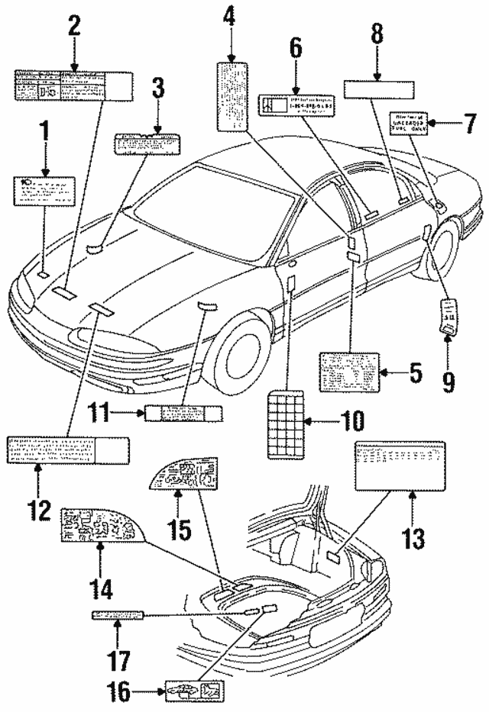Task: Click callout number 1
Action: click(x=44, y=136)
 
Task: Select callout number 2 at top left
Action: click(x=74, y=25)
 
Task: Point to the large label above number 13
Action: click(x=399, y=464)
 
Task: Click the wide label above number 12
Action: click(x=67, y=451)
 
